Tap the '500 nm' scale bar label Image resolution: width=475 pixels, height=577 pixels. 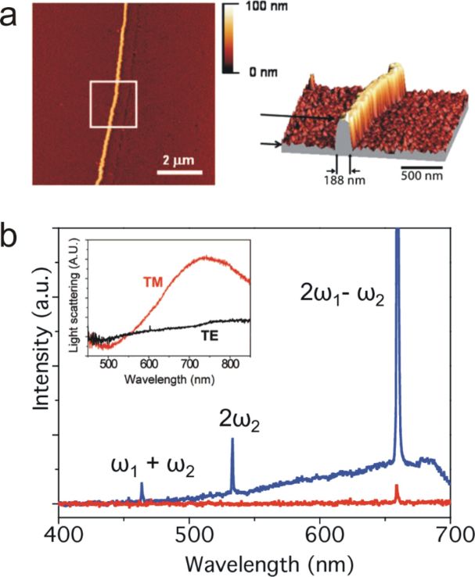[x=421, y=179]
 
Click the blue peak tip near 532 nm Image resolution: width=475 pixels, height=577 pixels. [x=232, y=439]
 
